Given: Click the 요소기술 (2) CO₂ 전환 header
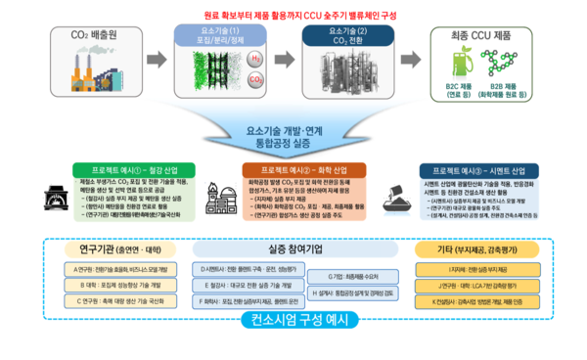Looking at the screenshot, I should click(x=336, y=37).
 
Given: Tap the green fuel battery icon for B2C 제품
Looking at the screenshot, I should click(x=466, y=66).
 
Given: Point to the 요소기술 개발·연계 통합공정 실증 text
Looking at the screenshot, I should click(x=293, y=135).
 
